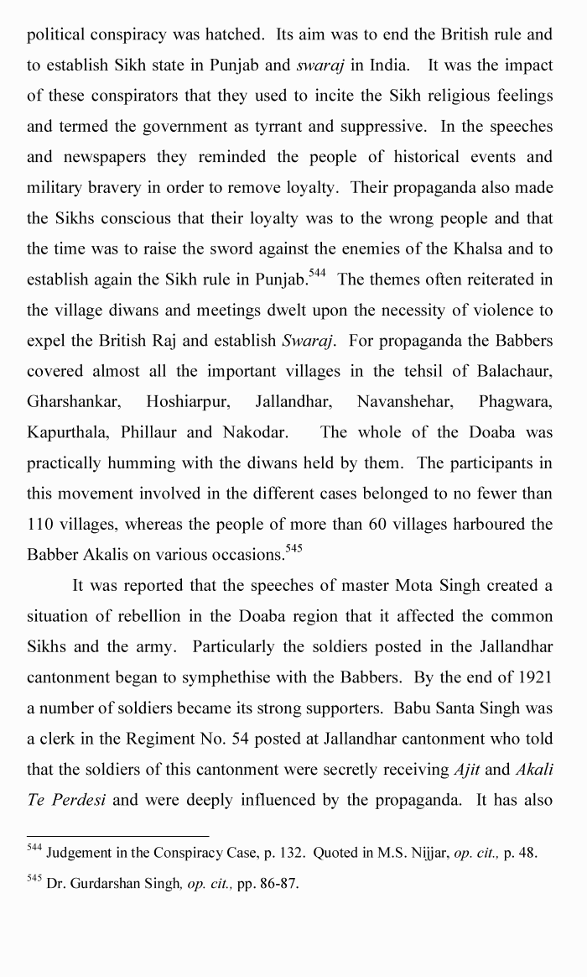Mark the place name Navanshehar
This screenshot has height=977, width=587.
point(405,402)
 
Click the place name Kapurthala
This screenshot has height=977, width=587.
point(68,432)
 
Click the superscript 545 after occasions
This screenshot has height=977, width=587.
point(293,549)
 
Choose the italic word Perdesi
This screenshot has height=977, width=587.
point(77,799)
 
